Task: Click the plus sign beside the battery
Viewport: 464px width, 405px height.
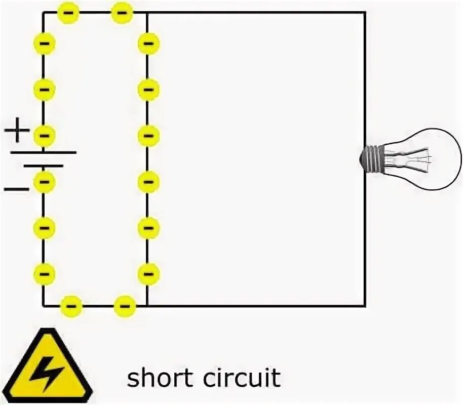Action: click(18, 131)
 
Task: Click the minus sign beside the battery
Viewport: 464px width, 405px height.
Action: click(16, 189)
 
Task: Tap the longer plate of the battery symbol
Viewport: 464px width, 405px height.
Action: click(44, 152)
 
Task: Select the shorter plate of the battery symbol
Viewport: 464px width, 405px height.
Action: click(44, 166)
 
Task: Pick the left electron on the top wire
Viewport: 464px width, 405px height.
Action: click(69, 12)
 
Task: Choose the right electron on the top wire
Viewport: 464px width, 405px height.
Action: click(122, 12)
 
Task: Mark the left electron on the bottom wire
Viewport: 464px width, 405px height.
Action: click(71, 306)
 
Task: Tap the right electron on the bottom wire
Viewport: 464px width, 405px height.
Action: click(125, 306)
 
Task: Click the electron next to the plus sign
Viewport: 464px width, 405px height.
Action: click(45, 135)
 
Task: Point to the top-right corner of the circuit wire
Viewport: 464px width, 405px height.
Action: click(364, 13)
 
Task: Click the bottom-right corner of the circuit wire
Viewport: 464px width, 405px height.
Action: click(364, 305)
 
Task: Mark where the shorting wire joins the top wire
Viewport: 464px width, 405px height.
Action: click(147, 13)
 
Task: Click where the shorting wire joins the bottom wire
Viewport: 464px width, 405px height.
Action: click(147, 305)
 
